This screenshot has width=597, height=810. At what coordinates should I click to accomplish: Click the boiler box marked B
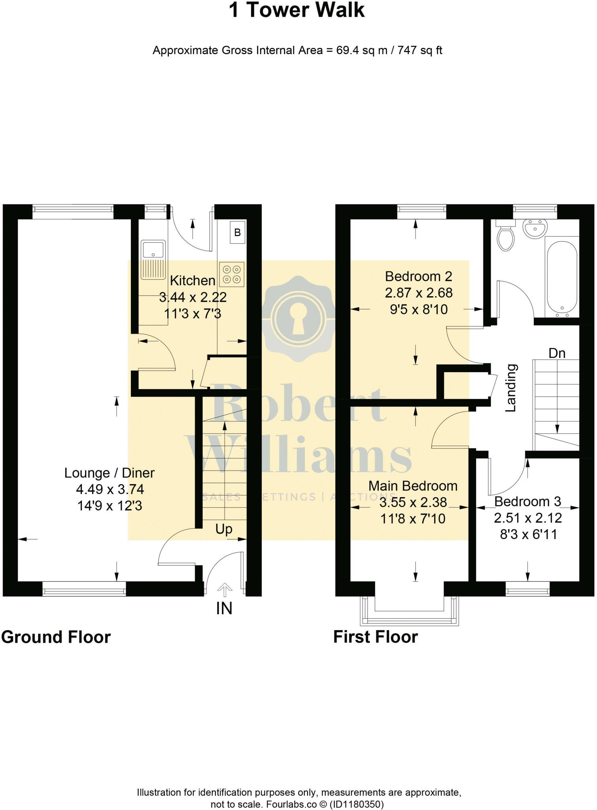click(x=237, y=232)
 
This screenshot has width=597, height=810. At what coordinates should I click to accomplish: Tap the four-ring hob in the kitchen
click(x=232, y=274)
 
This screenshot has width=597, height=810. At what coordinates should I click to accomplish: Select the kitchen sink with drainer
click(x=153, y=259)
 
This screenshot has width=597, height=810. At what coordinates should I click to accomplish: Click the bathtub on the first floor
click(x=562, y=277)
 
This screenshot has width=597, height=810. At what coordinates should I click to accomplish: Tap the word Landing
click(x=511, y=388)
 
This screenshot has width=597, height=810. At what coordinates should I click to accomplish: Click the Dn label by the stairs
click(x=557, y=353)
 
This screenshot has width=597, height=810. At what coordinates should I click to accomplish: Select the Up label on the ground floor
click(x=224, y=529)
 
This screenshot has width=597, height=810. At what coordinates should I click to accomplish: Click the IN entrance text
click(x=224, y=609)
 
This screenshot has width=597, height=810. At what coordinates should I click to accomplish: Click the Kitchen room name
click(x=193, y=280)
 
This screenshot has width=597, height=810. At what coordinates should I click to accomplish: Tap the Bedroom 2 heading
click(x=418, y=276)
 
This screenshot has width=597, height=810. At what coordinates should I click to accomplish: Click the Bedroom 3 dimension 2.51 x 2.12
click(x=528, y=518)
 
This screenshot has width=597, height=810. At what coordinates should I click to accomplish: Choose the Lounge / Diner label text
click(x=110, y=473)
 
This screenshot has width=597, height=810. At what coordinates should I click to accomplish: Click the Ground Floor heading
click(x=56, y=637)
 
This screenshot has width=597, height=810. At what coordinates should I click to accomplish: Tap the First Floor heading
click(x=375, y=637)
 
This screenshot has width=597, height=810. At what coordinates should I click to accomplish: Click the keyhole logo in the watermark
click(x=299, y=319)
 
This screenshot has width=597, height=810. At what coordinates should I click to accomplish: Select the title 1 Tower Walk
click(x=297, y=10)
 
